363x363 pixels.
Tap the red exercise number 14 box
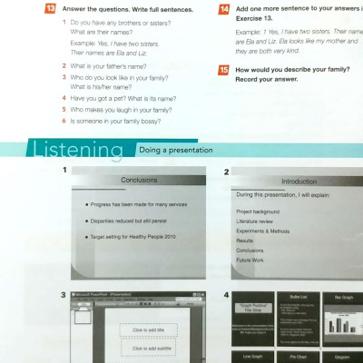click(224, 9)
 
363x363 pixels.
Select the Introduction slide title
click(299, 181)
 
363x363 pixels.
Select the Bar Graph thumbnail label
click(334, 298)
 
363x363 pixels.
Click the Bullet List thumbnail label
click(293, 298)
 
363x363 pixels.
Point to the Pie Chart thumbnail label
click(293, 358)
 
